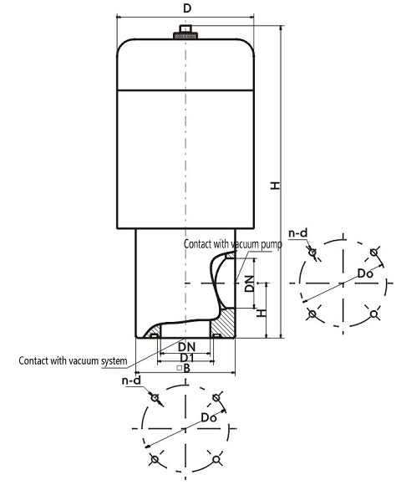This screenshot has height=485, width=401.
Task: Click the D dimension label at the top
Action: click(x=187, y=8)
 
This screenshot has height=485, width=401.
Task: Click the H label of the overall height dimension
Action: click(x=275, y=185)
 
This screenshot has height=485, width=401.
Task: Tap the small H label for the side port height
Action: click(x=261, y=313)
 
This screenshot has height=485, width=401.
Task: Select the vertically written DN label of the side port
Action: click(x=249, y=283)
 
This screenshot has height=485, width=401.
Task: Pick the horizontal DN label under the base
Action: click(x=187, y=347)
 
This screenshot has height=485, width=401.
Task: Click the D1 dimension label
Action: click(x=187, y=358)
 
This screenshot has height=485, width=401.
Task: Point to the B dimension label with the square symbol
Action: click(x=184, y=368)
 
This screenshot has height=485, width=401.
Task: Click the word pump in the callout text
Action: click(x=271, y=244)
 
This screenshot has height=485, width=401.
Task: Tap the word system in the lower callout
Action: click(x=114, y=361)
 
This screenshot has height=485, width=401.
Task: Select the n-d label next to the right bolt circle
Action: click(x=298, y=233)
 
